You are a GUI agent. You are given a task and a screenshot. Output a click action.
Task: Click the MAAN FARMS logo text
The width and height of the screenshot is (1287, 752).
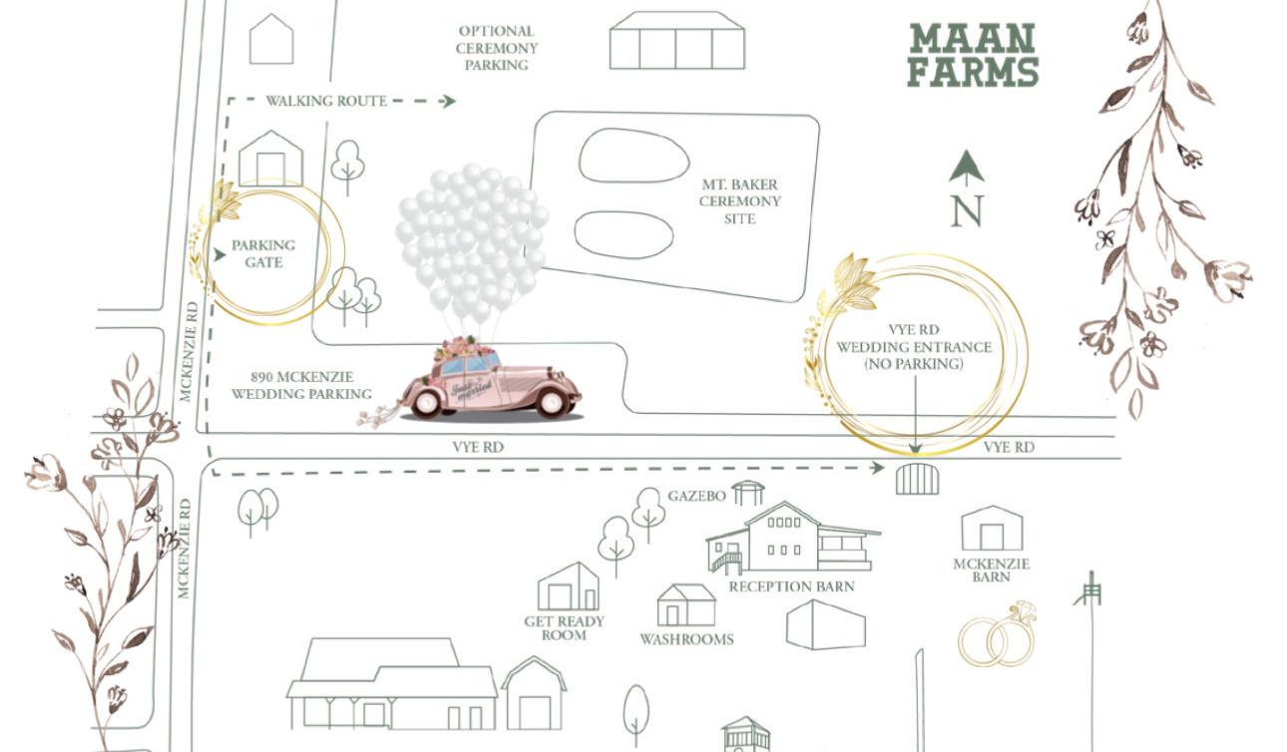pyautogui.click(x=972, y=55)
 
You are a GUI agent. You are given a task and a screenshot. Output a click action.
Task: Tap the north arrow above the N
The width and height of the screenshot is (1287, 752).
pyautogui.click(x=967, y=169)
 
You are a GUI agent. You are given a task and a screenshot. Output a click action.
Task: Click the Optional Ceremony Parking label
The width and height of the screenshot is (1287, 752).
pyautogui.click(x=497, y=48)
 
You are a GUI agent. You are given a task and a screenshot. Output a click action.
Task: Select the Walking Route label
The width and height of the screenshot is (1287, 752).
pyautogui.click(x=326, y=101)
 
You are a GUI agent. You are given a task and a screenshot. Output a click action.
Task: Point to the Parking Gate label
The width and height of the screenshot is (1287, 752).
pyautogui.click(x=263, y=253)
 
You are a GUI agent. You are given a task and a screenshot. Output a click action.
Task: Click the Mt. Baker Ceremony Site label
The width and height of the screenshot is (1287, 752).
pyautogui.click(x=739, y=201)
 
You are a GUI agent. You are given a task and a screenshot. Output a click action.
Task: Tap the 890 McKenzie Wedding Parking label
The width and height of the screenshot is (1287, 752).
pyautogui.click(x=301, y=386)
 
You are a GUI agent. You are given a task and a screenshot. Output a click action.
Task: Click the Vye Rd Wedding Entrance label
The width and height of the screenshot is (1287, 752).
pyautogui.click(x=914, y=346)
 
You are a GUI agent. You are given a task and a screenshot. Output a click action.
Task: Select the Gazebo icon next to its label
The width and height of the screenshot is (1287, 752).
pyautogui.click(x=748, y=493)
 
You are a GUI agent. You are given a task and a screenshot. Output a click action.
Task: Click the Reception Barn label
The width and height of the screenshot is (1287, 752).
pyautogui.click(x=791, y=586)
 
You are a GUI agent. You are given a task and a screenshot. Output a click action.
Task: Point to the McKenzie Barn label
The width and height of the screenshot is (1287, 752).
pyautogui.click(x=991, y=569)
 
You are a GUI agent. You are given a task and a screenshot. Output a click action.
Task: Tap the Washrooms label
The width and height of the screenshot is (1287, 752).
pyautogui.click(x=686, y=639)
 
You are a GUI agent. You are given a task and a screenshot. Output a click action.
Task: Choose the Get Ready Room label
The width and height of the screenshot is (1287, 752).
pyautogui.click(x=564, y=628)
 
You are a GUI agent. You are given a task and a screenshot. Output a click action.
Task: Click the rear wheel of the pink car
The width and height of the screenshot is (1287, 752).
pyautogui.click(x=427, y=402)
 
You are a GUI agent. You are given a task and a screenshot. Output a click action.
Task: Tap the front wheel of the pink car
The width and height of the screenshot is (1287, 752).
pyautogui.click(x=552, y=402)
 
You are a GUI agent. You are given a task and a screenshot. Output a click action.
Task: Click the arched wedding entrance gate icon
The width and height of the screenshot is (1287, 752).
pyautogui.click(x=918, y=479)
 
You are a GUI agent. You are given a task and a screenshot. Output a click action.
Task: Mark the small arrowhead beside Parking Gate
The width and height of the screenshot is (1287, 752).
pyautogui.click(x=219, y=254)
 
